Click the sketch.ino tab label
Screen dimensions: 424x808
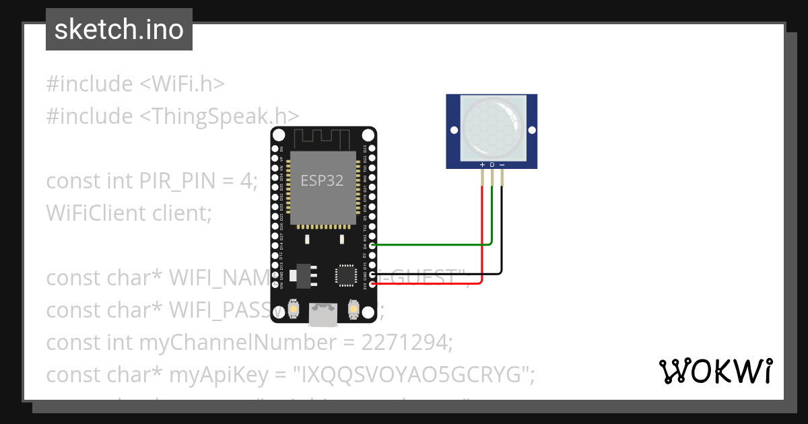click(119, 30)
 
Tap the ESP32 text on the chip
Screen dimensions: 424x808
click(323, 180)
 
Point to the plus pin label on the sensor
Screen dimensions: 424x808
click(482, 164)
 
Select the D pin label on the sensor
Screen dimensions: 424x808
click(492, 164)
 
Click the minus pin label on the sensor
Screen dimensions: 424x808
click(502, 164)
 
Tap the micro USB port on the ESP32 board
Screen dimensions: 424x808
click(323, 314)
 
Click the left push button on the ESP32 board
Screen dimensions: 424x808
click(294, 310)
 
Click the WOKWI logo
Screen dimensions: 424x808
click(715, 371)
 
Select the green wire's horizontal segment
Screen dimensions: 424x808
click(431, 245)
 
